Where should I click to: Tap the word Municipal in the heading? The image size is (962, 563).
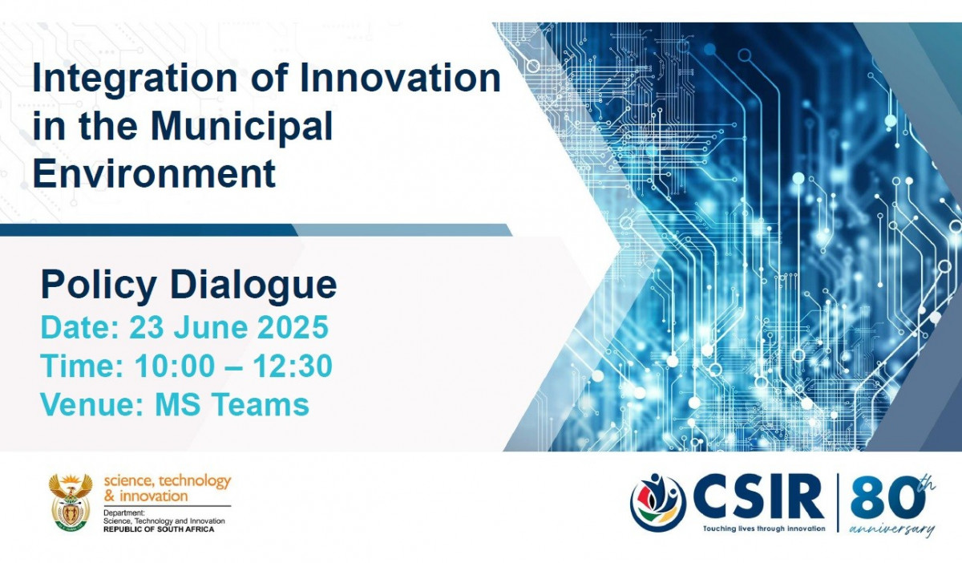tap(242, 128)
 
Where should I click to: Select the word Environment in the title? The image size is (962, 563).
tap(154, 172)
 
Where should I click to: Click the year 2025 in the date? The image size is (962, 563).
tap(293, 327)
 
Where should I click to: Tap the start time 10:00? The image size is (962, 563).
tap(175, 367)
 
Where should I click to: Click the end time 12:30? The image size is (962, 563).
tap(293, 367)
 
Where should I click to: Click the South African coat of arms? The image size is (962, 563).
tap(71, 502)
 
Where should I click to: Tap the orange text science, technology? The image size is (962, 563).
tap(168, 481)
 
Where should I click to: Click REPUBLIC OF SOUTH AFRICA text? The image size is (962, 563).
tap(159, 529)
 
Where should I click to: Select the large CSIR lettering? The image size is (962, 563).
tap(759, 498)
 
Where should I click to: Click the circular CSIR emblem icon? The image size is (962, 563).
tap(658, 502)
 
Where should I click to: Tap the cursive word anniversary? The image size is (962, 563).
tap(892, 529)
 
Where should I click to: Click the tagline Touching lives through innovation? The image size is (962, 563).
tap(764, 529)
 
